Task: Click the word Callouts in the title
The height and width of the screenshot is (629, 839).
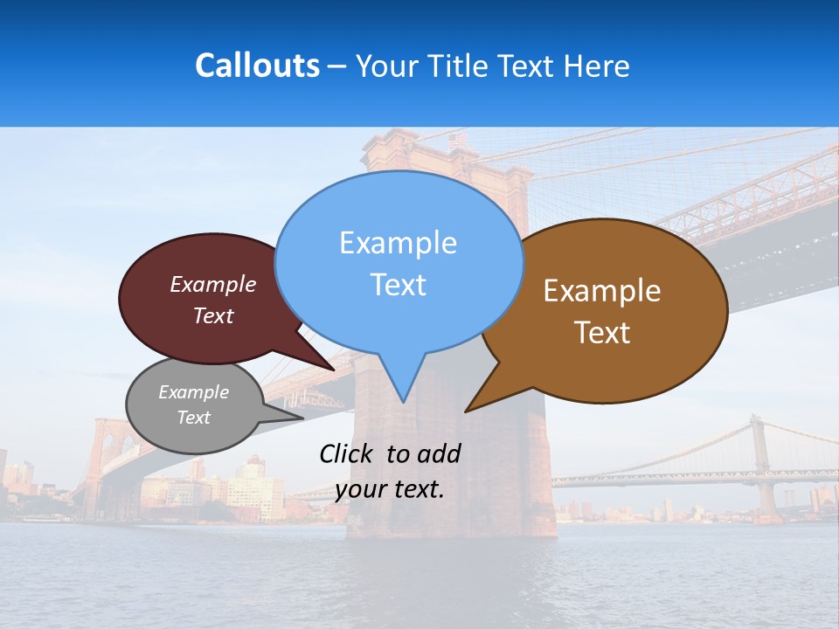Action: pyautogui.click(x=257, y=66)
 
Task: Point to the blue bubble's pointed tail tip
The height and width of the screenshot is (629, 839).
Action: pyautogui.click(x=402, y=402)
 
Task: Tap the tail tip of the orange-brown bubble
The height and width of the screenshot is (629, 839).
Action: pyautogui.click(x=466, y=411)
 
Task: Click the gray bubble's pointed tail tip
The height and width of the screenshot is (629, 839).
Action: pyautogui.click(x=302, y=418)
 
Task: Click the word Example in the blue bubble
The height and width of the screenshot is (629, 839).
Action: pyautogui.click(x=398, y=243)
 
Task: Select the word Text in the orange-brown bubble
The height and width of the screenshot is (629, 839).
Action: pyautogui.click(x=602, y=333)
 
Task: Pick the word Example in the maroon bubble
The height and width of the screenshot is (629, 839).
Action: pyautogui.click(x=213, y=285)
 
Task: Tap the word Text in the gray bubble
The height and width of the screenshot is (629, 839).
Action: pyautogui.click(x=193, y=418)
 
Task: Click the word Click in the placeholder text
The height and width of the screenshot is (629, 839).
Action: pyautogui.click(x=347, y=453)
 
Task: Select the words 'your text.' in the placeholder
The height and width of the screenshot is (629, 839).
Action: pyautogui.click(x=389, y=489)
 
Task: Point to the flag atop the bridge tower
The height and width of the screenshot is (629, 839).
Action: pyautogui.click(x=458, y=139)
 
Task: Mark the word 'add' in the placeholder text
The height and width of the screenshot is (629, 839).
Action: pyautogui.click(x=439, y=453)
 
